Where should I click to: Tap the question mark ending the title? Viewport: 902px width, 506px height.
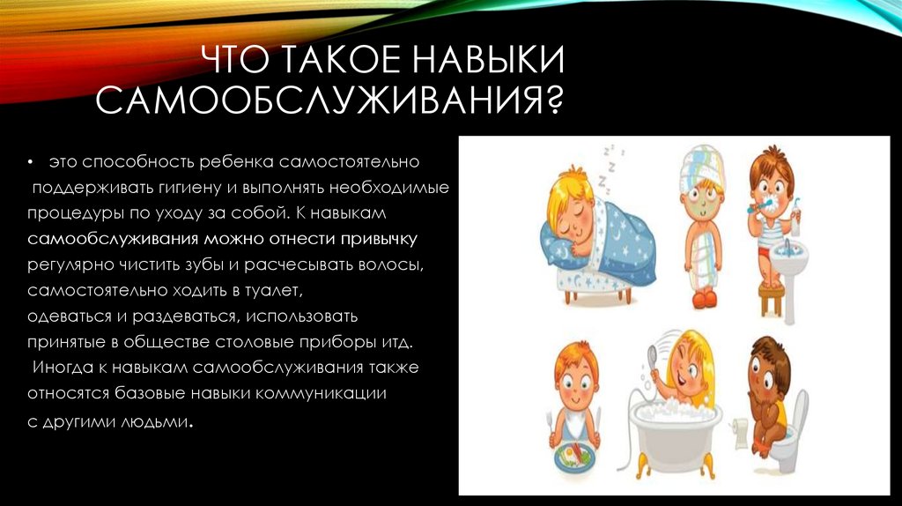point(552,100)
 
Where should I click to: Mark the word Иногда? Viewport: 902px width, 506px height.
point(62,366)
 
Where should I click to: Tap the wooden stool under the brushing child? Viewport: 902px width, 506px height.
point(773,297)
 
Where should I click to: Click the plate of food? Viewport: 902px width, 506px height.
point(572,457)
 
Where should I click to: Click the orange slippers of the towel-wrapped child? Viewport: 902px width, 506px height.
point(704,299)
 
